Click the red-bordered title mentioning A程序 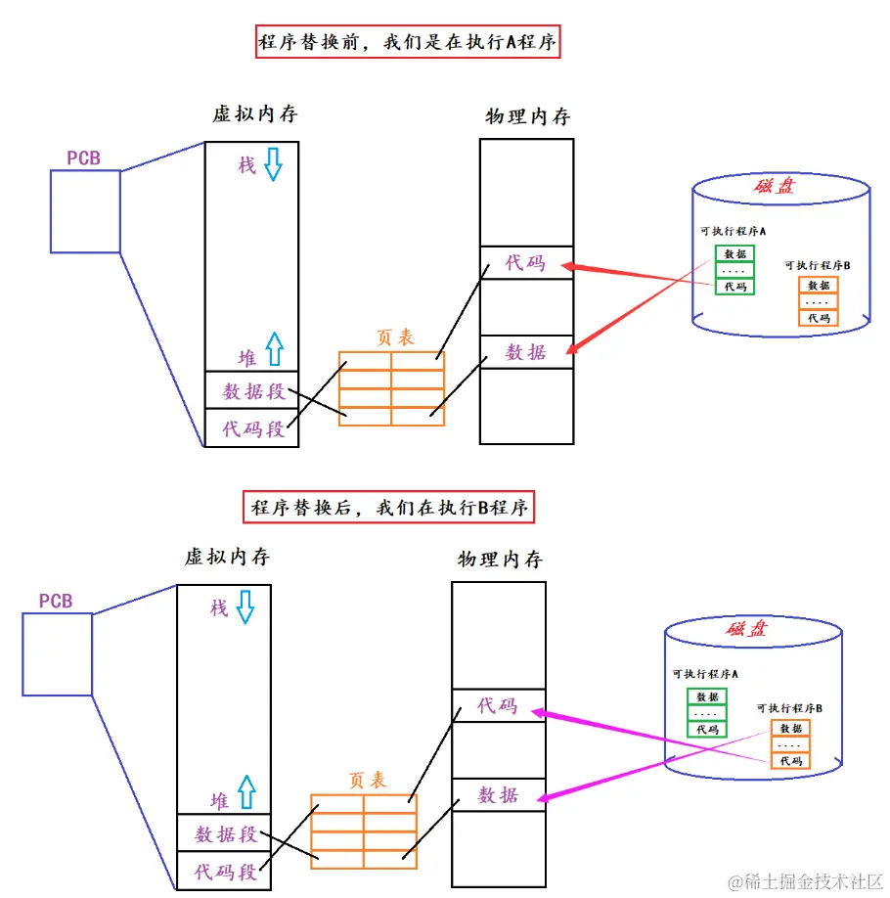pyautogui.click(x=407, y=43)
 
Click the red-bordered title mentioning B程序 pyautogui.click(x=389, y=508)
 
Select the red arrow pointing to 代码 pyautogui.click(x=626, y=274)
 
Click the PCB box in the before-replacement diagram pyautogui.click(x=85, y=211)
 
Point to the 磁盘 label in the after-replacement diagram pyautogui.click(x=745, y=629)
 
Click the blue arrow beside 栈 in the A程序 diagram pyautogui.click(x=272, y=165)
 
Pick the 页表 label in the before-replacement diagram pyautogui.click(x=395, y=337)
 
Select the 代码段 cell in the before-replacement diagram pyautogui.click(x=252, y=428)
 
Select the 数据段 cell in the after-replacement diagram pyautogui.click(x=225, y=833)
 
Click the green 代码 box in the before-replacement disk pyautogui.click(x=734, y=287)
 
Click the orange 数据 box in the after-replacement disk pyautogui.click(x=791, y=728)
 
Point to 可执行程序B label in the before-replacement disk pyautogui.click(x=817, y=265)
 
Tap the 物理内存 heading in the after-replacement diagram pyautogui.click(x=499, y=560)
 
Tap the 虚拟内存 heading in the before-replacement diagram pyautogui.click(x=254, y=114)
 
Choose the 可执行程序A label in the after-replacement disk pyautogui.click(x=705, y=674)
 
